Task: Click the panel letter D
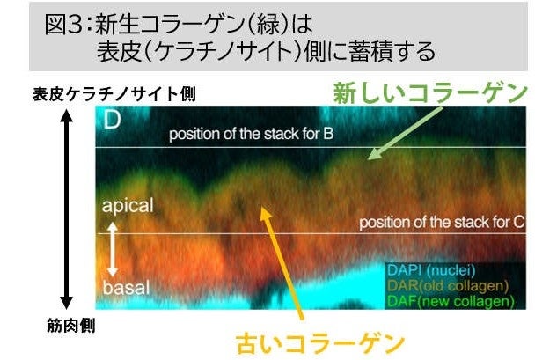click(112, 120)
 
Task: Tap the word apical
click(128, 206)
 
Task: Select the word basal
click(126, 288)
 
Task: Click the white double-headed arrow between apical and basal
click(113, 249)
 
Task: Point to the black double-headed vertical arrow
click(66, 209)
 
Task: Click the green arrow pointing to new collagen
click(405, 133)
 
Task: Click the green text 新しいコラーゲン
click(430, 93)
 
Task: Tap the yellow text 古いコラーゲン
click(320, 343)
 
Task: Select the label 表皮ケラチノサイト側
click(114, 94)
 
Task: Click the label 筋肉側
click(71, 326)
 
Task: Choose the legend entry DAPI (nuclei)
click(431, 270)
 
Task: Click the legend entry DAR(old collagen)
click(448, 286)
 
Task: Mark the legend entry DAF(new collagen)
click(451, 301)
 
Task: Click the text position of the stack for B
click(251, 134)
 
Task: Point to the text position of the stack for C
click(442, 223)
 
